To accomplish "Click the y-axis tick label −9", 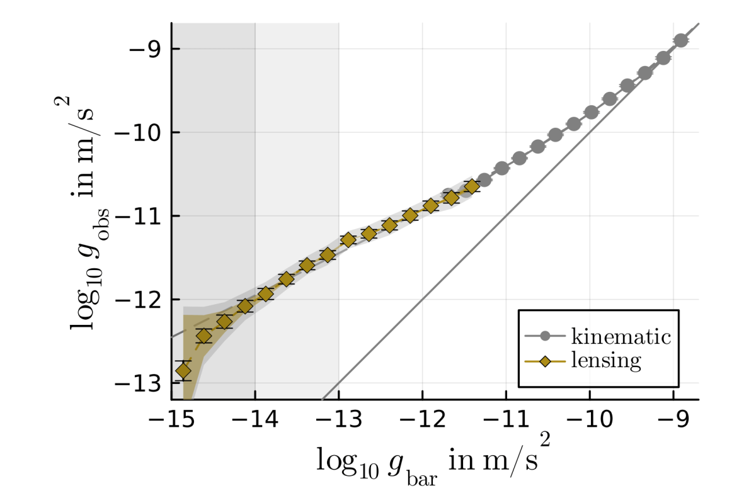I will pyautogui.click(x=146, y=49).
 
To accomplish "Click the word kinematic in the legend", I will pyautogui.click(x=621, y=336).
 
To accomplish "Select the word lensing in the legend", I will pyautogui.click(x=605, y=361).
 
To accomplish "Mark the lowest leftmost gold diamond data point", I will pyautogui.click(x=183, y=371).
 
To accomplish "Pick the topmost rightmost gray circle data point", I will pyautogui.click(x=680, y=41).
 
